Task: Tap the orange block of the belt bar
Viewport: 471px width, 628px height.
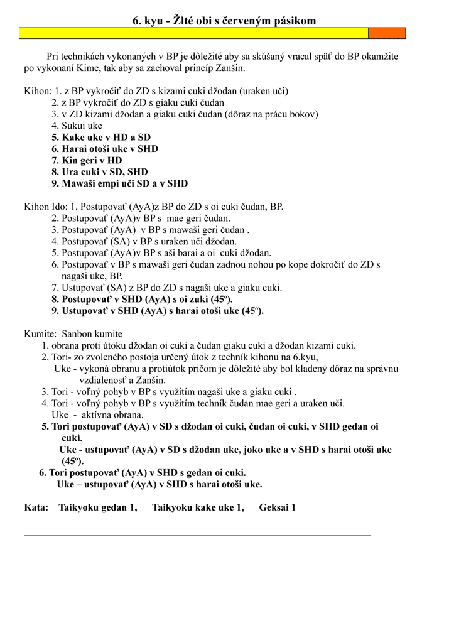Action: click(386, 33)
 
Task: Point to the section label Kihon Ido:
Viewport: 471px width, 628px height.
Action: click(46, 207)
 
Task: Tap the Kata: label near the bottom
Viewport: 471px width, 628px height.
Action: click(36, 507)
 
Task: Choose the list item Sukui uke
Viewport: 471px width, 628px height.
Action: click(77, 126)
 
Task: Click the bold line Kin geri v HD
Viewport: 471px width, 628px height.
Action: click(87, 160)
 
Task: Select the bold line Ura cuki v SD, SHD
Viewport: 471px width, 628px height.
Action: click(100, 172)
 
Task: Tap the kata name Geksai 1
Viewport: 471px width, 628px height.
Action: click(277, 507)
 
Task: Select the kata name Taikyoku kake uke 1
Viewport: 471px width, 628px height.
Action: click(198, 507)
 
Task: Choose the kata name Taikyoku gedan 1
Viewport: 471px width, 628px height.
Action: click(98, 507)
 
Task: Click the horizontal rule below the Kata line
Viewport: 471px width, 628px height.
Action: click(197, 535)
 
